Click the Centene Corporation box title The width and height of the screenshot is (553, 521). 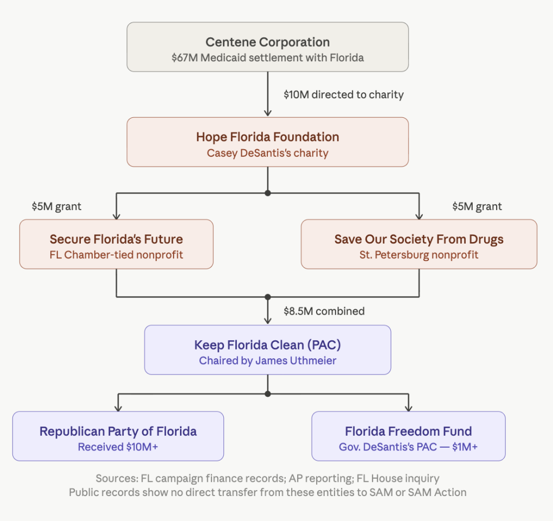point(267,42)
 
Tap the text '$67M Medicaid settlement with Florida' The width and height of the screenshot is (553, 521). point(267,58)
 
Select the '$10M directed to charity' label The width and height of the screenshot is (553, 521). point(344,94)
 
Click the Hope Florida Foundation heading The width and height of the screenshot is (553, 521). point(267,137)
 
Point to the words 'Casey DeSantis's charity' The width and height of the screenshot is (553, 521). point(267,153)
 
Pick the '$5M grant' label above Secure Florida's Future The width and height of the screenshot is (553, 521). point(57,206)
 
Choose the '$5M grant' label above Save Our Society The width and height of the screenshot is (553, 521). point(477,206)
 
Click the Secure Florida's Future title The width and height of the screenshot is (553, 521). point(116,239)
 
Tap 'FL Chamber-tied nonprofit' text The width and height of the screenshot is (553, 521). point(116,255)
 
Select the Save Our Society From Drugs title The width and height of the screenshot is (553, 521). point(419,239)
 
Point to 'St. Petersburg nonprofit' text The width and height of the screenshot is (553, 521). point(419,255)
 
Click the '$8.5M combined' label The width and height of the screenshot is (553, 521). point(324,311)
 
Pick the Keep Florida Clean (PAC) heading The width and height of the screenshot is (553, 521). point(267,345)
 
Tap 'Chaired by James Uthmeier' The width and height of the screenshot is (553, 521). point(267,360)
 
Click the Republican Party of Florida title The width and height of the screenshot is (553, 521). point(118,431)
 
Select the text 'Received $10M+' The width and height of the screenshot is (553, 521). point(118,447)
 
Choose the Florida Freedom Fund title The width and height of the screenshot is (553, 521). point(408,431)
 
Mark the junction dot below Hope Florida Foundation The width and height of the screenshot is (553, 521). point(267,193)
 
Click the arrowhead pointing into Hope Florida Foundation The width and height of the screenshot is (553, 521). point(267,112)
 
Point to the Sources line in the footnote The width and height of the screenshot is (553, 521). point(267,479)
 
